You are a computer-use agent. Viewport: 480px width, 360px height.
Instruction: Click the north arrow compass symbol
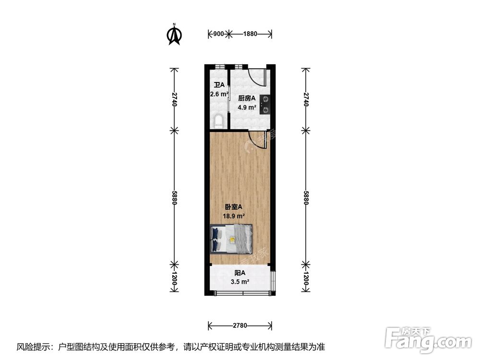pos(174,35)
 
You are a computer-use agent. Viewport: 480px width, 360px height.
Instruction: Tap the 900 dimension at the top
pos(218,34)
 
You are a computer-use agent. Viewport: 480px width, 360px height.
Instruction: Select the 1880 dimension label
pos(250,34)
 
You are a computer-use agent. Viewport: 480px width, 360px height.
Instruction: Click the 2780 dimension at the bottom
pos(240,326)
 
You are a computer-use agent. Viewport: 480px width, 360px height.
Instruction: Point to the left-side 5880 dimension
pos(174,196)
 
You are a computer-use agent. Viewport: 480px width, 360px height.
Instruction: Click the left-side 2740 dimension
pos(174,99)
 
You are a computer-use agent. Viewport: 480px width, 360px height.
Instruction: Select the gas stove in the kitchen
pos(264,105)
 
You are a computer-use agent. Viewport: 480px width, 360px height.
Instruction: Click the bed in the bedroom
pos(231,239)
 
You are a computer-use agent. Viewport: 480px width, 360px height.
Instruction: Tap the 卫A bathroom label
pos(219,85)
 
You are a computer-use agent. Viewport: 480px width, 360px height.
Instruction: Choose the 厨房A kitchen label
pos(247,98)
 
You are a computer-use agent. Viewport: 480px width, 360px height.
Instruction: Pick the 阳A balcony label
pos(239,273)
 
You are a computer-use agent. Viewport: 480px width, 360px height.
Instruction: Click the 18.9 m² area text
pos(235,216)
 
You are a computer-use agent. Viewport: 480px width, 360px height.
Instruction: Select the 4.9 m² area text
pos(247,107)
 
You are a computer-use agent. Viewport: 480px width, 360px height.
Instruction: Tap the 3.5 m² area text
pos(239,282)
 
